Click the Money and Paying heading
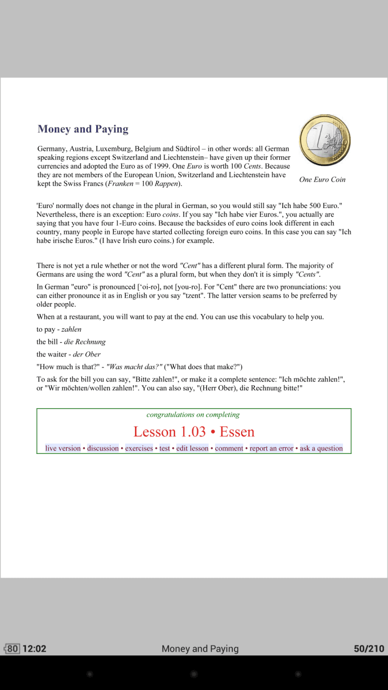pyautogui.click(x=83, y=129)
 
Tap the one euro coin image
pyautogui.click(x=325, y=141)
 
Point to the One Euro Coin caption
pyautogui.click(x=322, y=180)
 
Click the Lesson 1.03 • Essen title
pyautogui.click(x=194, y=432)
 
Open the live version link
pyautogui.click(x=63, y=448)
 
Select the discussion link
pyautogui.click(x=103, y=448)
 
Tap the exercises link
pyautogui.click(x=139, y=448)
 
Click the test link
pyautogui.click(x=165, y=448)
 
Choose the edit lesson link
pyautogui.click(x=192, y=448)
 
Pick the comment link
pyautogui.click(x=229, y=448)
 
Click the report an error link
pyautogui.click(x=272, y=448)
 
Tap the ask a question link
pyautogui.click(x=321, y=448)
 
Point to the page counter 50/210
pyautogui.click(x=369, y=649)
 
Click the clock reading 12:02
pyautogui.click(x=35, y=649)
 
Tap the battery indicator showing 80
pyautogui.click(x=12, y=649)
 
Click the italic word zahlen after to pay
pyautogui.click(x=71, y=329)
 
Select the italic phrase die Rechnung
pyautogui.click(x=85, y=342)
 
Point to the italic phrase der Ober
pyautogui.click(x=85, y=355)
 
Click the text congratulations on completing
pyautogui.click(x=193, y=415)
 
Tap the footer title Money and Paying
pyautogui.click(x=200, y=649)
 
